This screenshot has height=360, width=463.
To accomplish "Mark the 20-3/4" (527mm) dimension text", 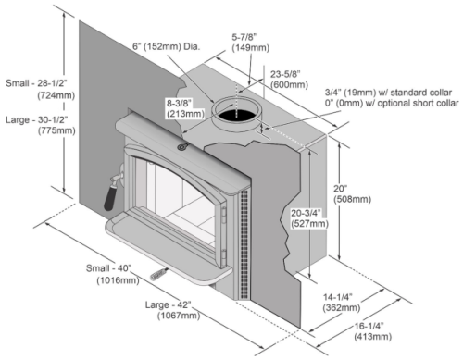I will point(306,217).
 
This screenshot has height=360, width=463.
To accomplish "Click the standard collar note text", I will point(391,93).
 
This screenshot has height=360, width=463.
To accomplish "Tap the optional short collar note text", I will point(390,106).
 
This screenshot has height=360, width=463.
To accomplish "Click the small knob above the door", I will point(182,143).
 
